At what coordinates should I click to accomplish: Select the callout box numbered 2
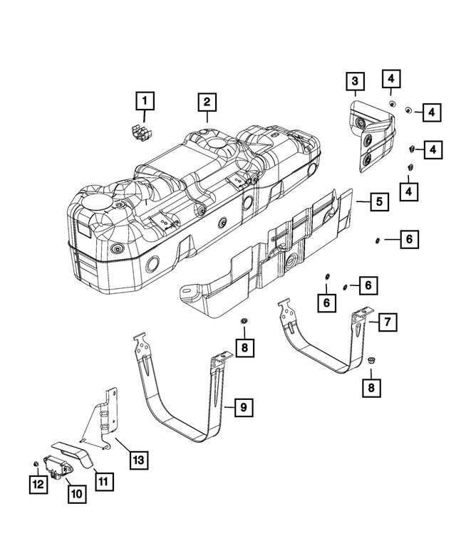coord(206,102)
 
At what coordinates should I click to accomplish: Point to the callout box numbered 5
coord(379,202)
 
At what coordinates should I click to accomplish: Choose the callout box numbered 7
coord(387,323)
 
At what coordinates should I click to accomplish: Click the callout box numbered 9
coord(243,407)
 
